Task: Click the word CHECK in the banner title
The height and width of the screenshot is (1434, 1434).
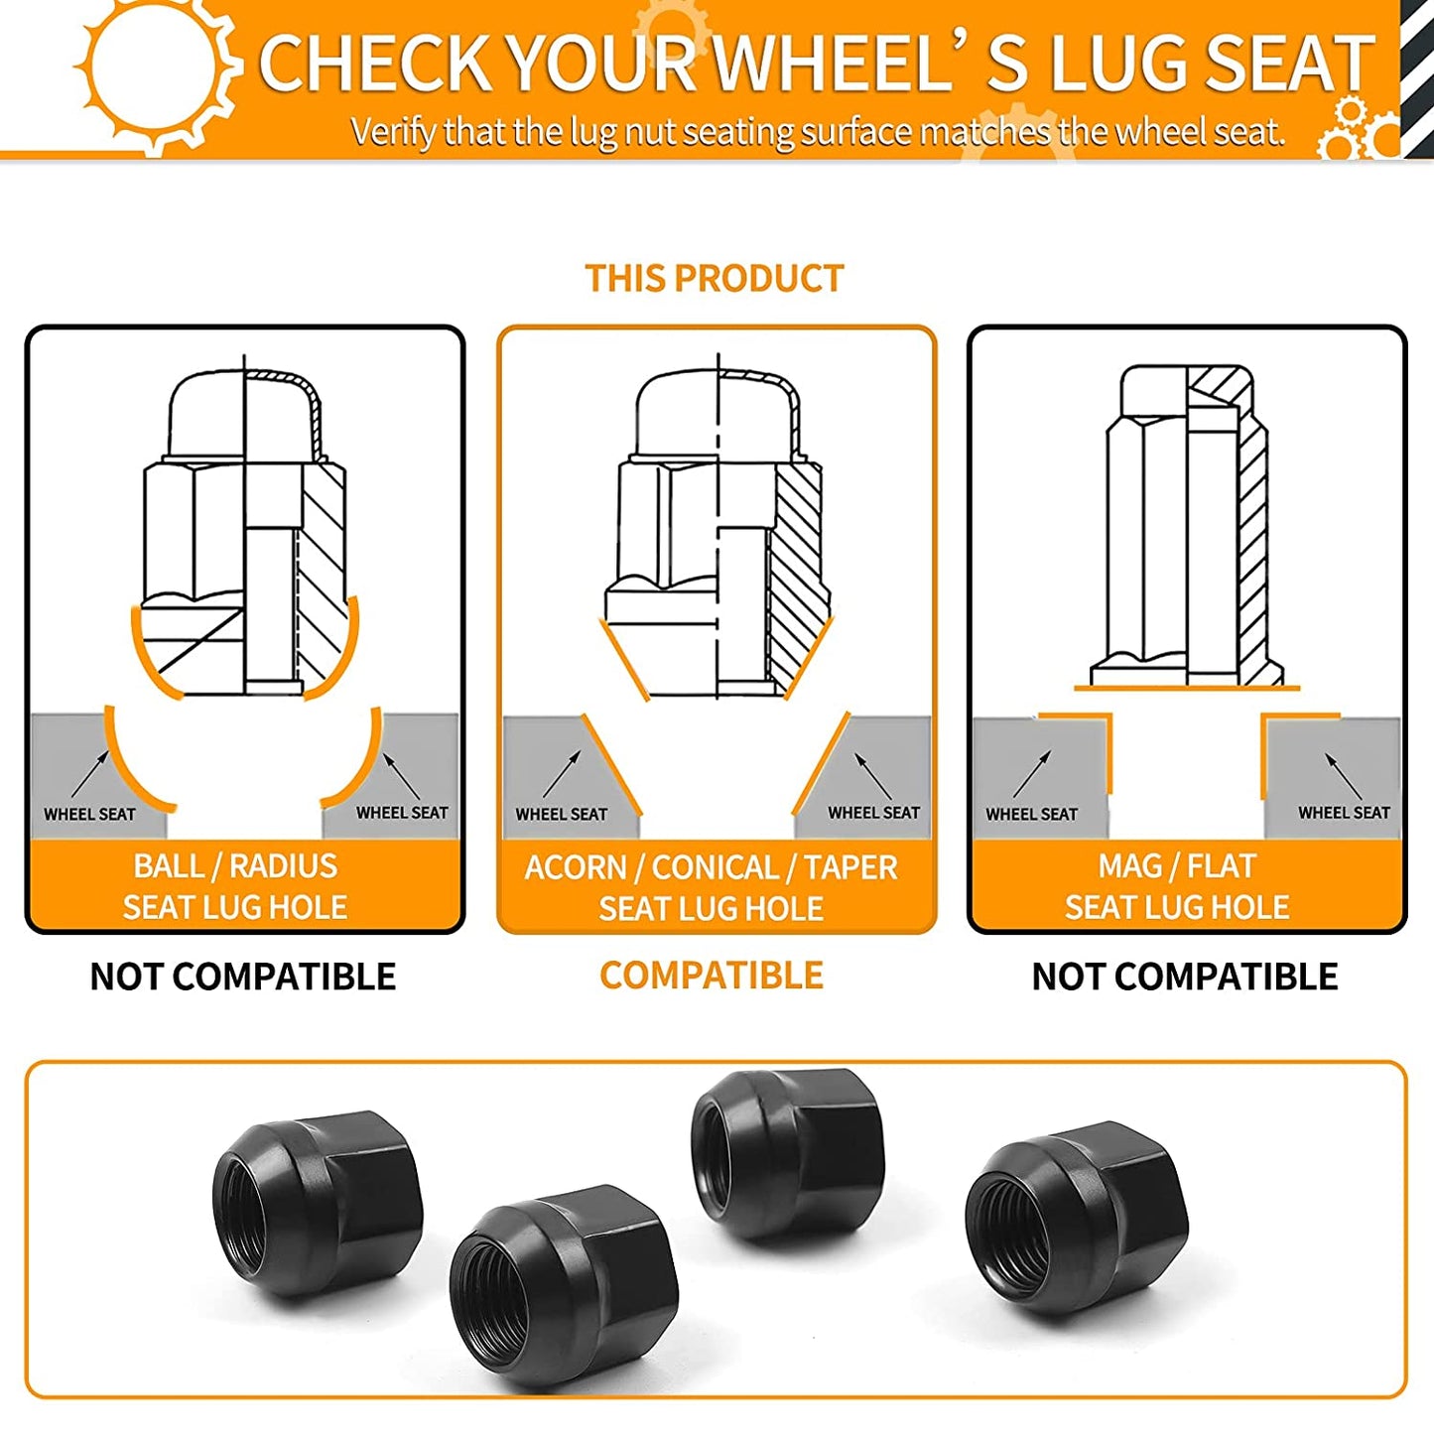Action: (x=375, y=64)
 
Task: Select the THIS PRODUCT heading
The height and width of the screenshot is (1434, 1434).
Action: (x=715, y=278)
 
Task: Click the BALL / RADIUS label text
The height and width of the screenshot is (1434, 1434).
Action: (x=235, y=865)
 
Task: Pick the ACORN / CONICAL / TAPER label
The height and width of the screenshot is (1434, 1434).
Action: (x=711, y=867)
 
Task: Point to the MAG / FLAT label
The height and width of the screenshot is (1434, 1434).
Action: (x=1177, y=865)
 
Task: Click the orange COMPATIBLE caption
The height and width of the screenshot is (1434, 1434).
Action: (x=712, y=975)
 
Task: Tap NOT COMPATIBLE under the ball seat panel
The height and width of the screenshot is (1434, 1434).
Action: (x=242, y=977)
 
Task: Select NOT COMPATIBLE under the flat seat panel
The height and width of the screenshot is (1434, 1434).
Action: (x=1185, y=977)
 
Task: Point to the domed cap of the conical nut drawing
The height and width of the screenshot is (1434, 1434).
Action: (x=718, y=414)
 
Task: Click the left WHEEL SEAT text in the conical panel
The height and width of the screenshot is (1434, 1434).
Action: (x=562, y=814)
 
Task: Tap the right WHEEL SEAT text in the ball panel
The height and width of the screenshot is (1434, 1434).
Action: (x=402, y=813)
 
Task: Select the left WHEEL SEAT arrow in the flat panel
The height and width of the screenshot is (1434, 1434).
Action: (x=1032, y=774)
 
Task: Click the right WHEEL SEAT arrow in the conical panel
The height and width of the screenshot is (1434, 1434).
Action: (x=873, y=776)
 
